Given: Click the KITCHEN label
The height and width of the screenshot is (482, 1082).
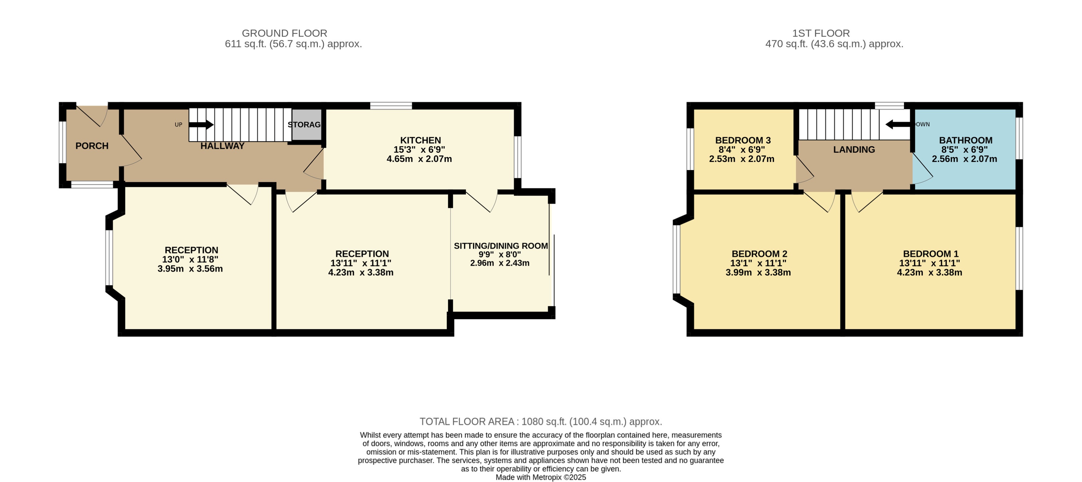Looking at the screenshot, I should click(x=420, y=140).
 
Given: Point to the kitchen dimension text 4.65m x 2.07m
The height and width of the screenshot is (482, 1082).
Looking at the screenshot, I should click(x=419, y=159).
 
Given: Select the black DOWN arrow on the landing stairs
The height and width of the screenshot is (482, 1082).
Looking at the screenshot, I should click(x=897, y=124).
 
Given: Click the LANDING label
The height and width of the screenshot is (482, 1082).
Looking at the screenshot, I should click(x=854, y=150).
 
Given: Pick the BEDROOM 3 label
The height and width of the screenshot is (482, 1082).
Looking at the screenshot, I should click(x=743, y=140).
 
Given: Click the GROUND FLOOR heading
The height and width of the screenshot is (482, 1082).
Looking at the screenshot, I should click(x=284, y=33).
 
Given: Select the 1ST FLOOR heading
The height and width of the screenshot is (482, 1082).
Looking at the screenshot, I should click(x=821, y=33).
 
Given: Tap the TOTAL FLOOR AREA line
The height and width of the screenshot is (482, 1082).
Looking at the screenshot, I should click(x=541, y=421).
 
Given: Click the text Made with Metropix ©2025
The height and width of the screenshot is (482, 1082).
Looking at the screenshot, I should click(x=541, y=477).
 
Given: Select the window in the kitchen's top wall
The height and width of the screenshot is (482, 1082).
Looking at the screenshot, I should click(x=391, y=105).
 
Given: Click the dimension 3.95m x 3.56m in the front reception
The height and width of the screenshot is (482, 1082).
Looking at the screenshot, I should click(x=190, y=269).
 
